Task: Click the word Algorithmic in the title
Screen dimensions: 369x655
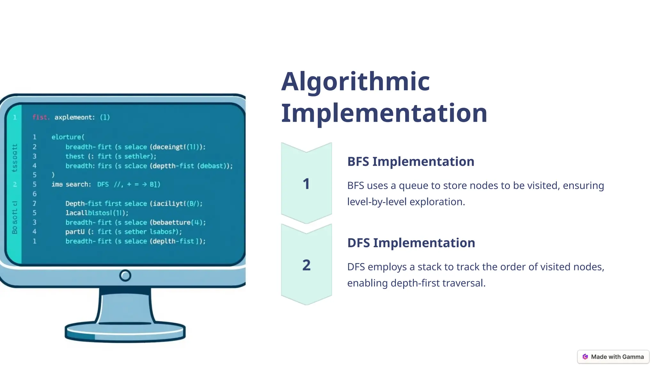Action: [x=355, y=82]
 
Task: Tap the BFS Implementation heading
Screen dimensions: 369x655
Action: [x=411, y=161]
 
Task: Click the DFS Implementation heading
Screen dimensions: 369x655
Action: [x=411, y=243]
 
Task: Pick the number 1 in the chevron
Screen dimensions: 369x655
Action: [x=306, y=184]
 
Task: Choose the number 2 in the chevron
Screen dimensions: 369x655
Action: [x=306, y=265]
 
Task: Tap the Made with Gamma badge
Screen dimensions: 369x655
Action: [x=613, y=357]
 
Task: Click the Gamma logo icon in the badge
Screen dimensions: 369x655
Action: [x=585, y=357]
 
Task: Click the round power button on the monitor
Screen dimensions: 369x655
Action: [x=125, y=275]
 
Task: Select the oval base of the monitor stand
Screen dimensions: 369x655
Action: [x=125, y=332]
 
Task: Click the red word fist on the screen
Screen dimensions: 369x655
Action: [x=40, y=117]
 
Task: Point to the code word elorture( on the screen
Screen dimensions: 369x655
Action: [x=68, y=137]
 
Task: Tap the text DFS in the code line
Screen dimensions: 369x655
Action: [x=103, y=184]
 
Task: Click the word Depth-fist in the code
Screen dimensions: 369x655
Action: [x=83, y=204]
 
